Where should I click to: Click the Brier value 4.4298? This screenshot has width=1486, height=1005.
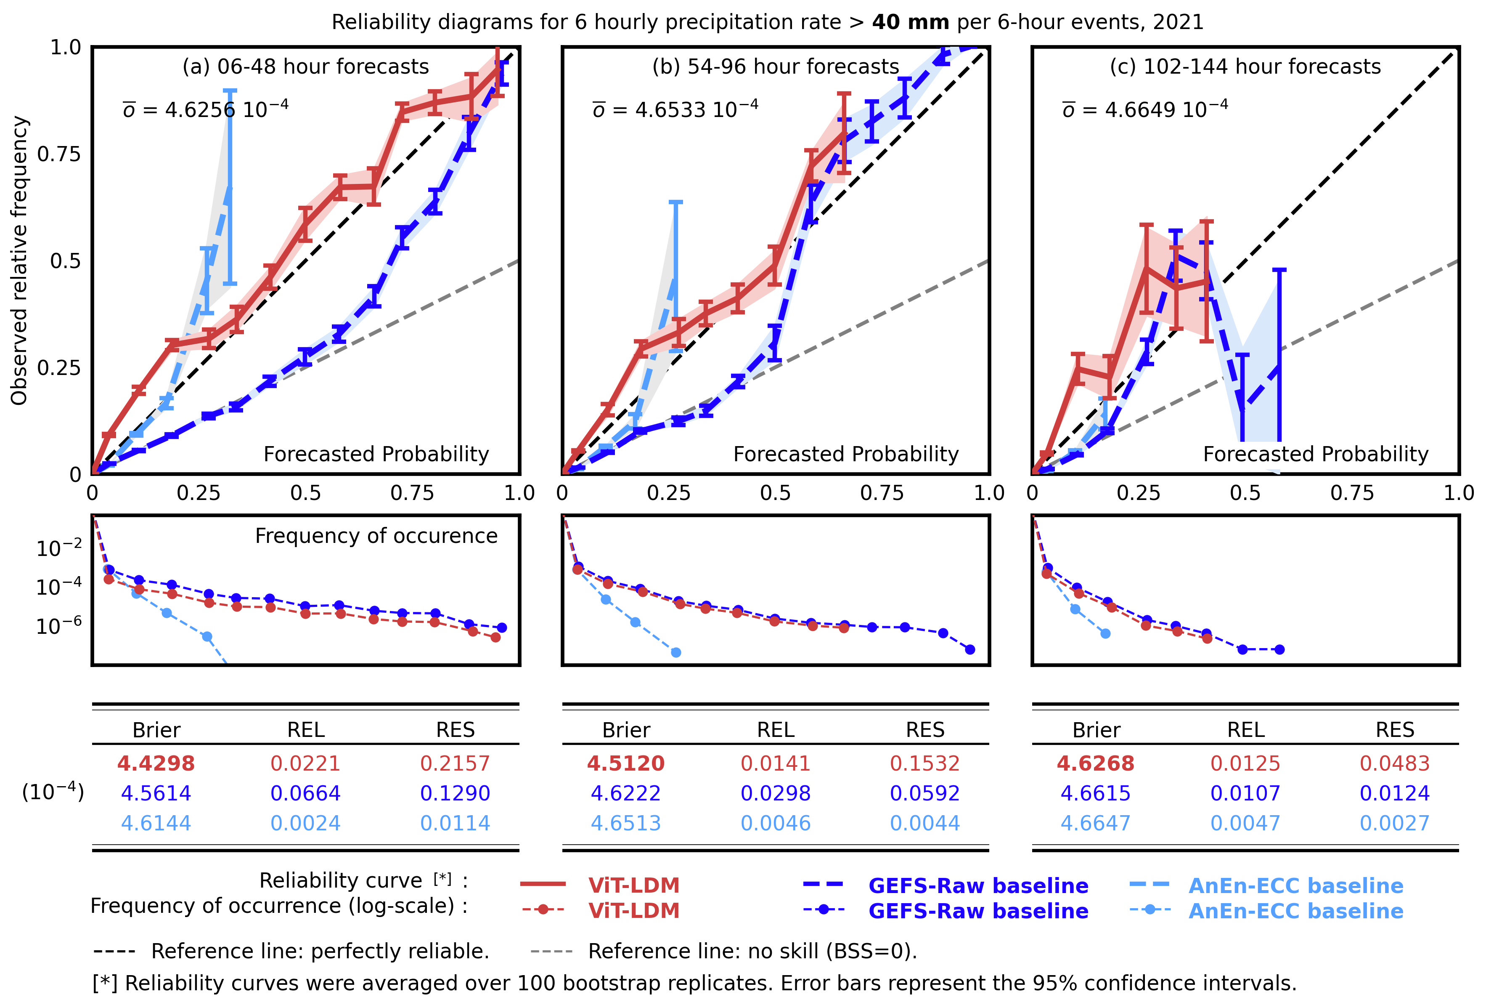point(156,763)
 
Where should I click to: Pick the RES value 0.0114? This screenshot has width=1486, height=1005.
point(455,823)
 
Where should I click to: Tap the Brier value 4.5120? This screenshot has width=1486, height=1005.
point(626,763)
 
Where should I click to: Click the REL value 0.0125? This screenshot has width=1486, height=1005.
point(1245,763)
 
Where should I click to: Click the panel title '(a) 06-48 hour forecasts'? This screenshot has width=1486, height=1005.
point(306,66)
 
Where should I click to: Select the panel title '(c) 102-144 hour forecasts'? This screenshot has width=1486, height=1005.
point(1245,66)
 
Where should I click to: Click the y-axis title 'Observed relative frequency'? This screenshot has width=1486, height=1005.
point(19,261)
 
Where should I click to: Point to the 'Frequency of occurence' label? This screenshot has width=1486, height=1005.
point(376,536)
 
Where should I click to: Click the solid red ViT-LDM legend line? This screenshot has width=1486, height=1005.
point(543,884)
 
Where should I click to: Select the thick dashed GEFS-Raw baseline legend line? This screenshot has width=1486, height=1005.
point(824,884)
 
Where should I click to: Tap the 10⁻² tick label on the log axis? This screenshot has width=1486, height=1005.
point(59,548)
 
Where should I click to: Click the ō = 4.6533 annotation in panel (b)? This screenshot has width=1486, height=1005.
point(675,109)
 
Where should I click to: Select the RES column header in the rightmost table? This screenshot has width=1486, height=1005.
point(1395,730)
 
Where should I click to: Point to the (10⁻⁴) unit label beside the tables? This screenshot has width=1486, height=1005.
point(53,792)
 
